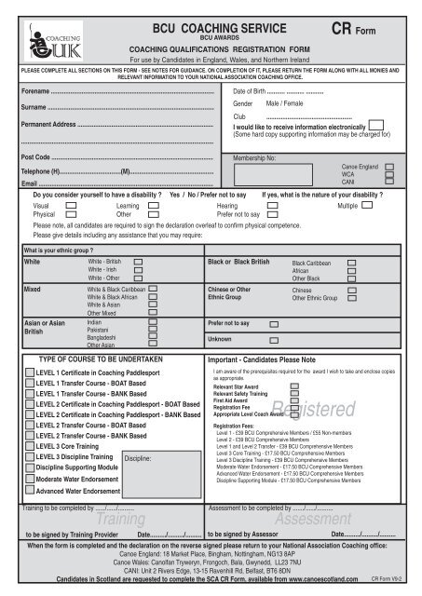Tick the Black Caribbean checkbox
coord(351,264)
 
